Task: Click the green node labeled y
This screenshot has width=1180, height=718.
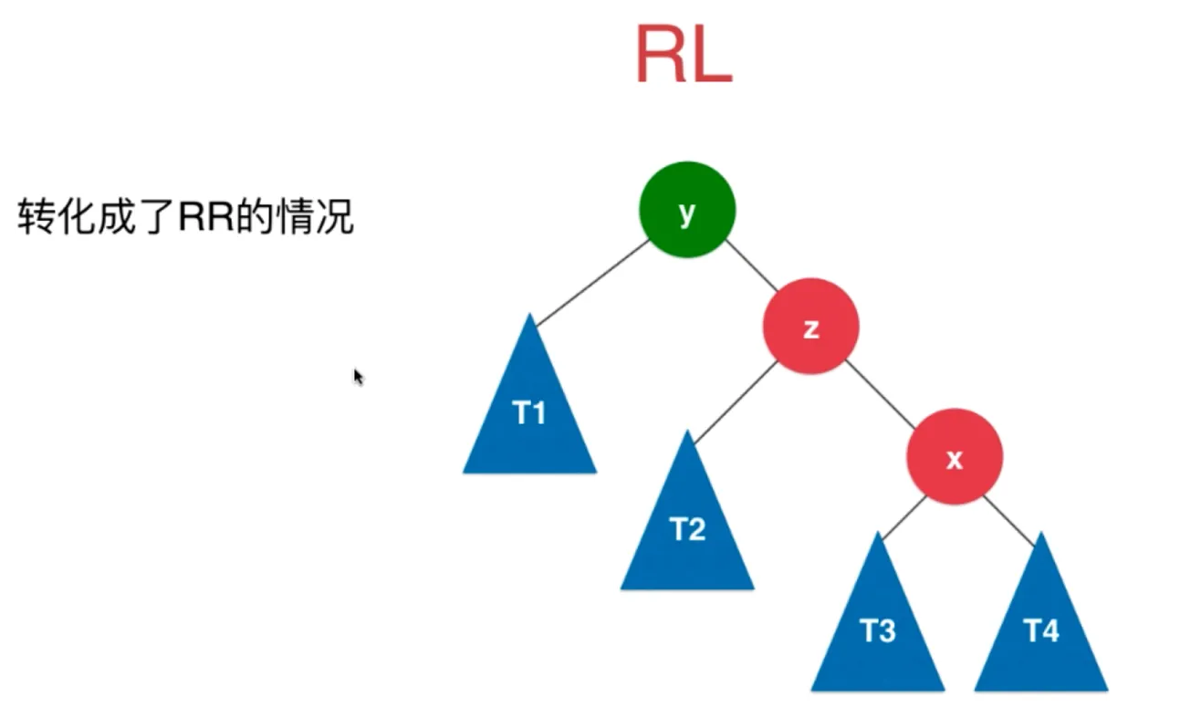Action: click(x=686, y=211)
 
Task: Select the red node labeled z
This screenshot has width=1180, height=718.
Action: click(x=810, y=326)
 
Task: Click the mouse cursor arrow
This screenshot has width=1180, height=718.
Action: click(x=358, y=376)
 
